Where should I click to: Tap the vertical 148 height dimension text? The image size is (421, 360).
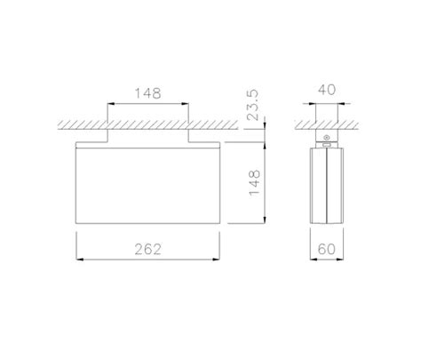(255, 183)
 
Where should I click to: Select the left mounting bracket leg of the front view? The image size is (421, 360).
(108, 135)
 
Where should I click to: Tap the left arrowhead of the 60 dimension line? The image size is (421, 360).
(312, 260)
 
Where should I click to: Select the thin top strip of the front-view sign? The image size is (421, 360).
(149, 146)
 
